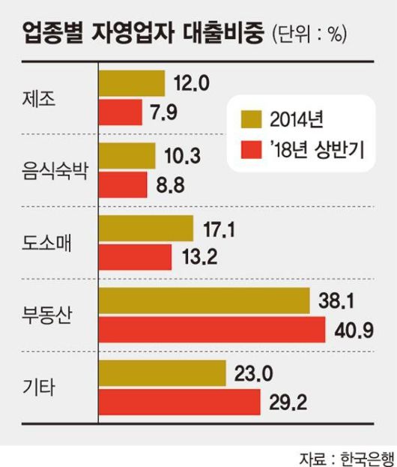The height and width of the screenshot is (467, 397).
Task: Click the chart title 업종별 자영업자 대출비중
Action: pos(143,34)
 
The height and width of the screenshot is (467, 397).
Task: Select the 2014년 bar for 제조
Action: pos(132,83)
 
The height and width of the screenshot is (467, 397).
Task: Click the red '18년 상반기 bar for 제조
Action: pos(121,112)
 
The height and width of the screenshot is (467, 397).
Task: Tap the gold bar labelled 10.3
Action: pos(127,155)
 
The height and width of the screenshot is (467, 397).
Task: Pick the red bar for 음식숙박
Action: pos(124,184)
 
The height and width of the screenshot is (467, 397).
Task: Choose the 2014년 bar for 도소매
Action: pos(146,228)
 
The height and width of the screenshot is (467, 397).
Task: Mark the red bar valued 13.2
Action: pos(136,256)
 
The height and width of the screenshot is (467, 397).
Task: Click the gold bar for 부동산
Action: pos(204,301)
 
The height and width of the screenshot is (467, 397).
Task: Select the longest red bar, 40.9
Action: pos(212,329)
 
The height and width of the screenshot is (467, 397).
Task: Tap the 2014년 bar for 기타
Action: pos(163,373)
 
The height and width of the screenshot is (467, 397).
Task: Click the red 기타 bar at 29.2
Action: pos(179,402)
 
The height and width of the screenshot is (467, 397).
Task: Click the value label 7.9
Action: pos(165,113)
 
